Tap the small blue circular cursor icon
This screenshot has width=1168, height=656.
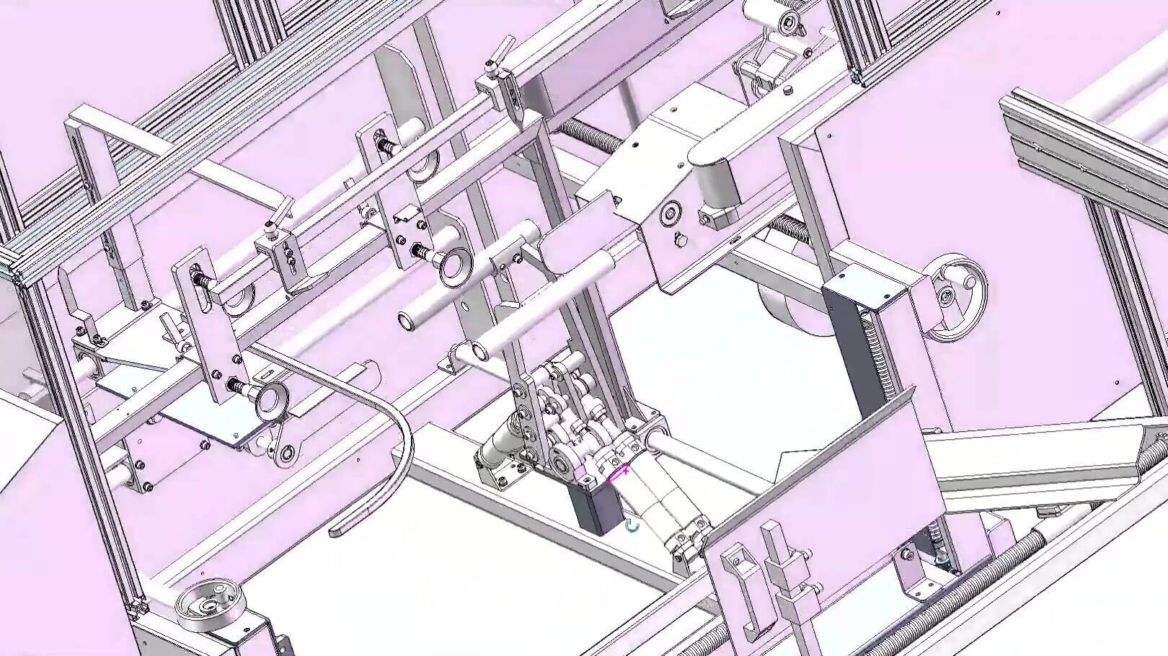tap(632, 527)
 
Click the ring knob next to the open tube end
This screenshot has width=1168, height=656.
tap(453, 265)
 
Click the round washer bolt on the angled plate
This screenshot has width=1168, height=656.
tap(671, 213)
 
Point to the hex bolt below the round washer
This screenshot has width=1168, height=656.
tap(678, 239)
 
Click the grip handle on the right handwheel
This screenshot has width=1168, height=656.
tap(945, 297)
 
